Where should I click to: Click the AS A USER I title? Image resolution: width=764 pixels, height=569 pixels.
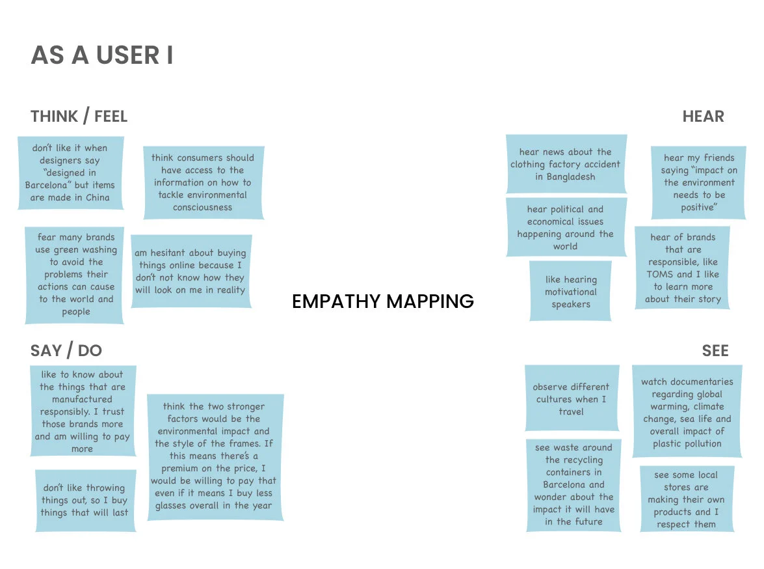coord(102,55)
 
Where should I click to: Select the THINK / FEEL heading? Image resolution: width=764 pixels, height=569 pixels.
coord(79,117)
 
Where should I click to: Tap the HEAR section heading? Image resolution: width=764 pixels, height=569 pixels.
coord(703,117)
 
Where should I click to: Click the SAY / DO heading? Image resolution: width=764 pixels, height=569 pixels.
coord(66,351)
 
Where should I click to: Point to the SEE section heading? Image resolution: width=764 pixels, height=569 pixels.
coord(715,351)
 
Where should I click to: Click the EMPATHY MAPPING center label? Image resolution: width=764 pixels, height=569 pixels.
coord(382,301)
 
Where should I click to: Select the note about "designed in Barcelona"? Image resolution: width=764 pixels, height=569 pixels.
coord(70,173)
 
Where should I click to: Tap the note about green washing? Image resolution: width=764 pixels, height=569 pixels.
coord(75,274)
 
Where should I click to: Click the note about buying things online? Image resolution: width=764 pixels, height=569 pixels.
coord(191,271)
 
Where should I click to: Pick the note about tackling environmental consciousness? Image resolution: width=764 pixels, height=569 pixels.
coord(203,182)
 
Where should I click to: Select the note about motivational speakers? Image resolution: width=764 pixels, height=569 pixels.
coord(570,291)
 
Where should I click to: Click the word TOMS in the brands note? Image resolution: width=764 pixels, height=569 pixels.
coord(659,274)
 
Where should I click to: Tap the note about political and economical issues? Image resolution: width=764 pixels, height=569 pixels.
coord(566,227)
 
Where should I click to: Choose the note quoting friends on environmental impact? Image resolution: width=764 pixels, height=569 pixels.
coord(698,182)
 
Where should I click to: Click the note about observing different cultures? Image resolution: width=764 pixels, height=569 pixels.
coord(572,398)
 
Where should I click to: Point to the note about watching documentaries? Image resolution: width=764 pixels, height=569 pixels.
coord(687,412)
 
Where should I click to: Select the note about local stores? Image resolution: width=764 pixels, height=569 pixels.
coord(686,499)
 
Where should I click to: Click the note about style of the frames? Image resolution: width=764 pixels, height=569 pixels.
coord(215,456)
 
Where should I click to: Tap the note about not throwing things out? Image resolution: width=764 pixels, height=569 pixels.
coord(85,500)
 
